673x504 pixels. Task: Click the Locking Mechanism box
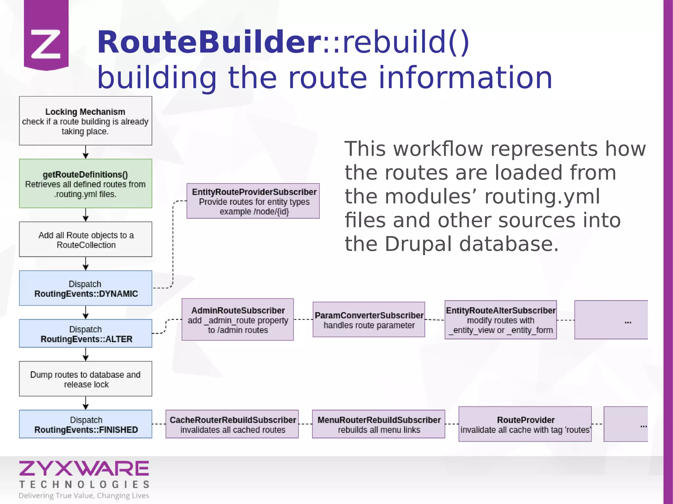tap(85, 121)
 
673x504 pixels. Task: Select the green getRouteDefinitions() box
tap(85, 184)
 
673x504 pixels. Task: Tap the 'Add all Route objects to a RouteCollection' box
tap(85, 239)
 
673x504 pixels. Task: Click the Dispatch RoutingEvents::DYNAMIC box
tap(85, 288)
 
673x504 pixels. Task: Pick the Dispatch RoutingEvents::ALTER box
tap(85, 334)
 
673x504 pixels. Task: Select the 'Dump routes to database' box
tap(85, 379)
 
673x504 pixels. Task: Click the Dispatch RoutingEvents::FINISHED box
tap(85, 424)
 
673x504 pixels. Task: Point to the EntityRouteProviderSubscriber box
tap(253, 201)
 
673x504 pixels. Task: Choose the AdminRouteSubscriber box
tap(238, 319)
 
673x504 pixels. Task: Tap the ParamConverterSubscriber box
tap(369, 319)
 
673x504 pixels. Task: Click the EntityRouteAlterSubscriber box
tap(500, 319)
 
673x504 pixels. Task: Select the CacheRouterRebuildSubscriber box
tap(232, 424)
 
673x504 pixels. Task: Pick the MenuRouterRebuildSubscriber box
tap(379, 424)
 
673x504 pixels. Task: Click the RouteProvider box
tap(525, 424)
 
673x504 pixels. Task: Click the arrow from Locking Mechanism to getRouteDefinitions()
tap(86, 152)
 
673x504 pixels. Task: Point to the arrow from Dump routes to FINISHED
tap(86, 403)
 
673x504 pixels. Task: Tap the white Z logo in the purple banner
tap(46, 44)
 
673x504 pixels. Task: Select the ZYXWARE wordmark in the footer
tap(84, 469)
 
